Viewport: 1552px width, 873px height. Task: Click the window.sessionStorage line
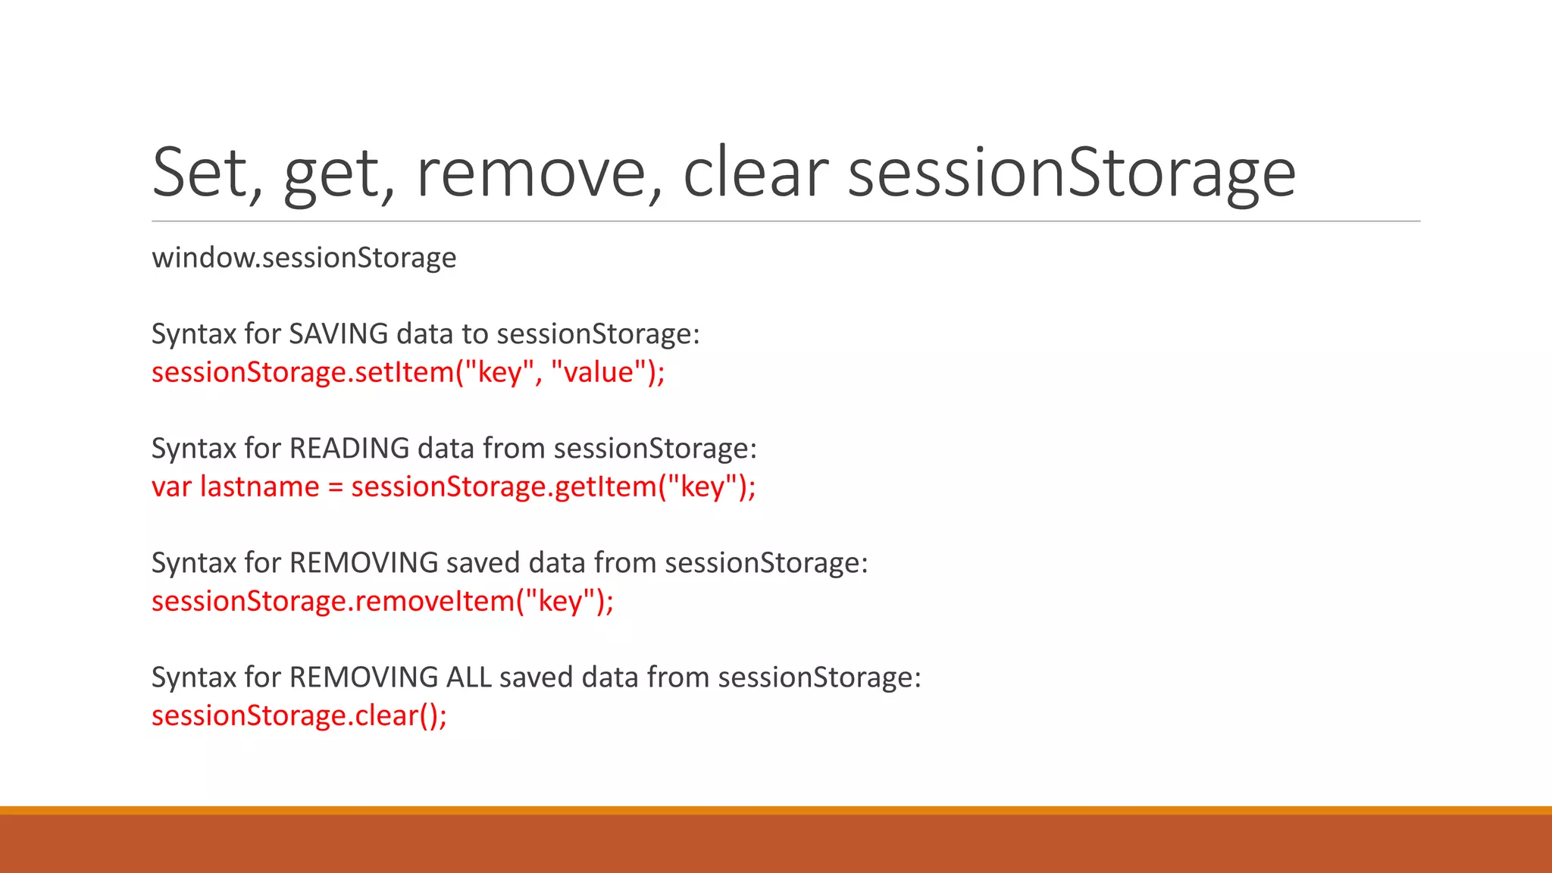click(304, 258)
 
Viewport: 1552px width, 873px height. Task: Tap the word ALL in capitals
click(468, 677)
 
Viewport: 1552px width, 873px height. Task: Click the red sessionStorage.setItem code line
click(408, 372)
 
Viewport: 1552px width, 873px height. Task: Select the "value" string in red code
click(599, 372)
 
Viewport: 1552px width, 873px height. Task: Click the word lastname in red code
click(259, 487)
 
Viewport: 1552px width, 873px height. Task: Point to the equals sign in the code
click(335, 487)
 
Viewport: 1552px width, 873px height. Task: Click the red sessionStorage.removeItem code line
click(382, 601)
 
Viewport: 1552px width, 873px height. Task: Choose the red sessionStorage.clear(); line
click(299, 715)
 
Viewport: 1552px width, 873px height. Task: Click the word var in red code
click(171, 487)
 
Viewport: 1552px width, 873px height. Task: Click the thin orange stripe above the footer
click(776, 810)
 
